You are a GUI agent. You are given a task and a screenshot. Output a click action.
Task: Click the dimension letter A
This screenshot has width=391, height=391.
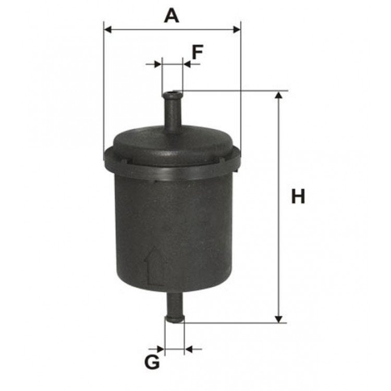point(172,16)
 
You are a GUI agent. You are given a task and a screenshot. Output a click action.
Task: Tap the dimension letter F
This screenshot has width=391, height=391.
point(198,52)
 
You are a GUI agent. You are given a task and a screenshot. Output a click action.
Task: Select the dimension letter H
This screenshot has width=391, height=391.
point(298,197)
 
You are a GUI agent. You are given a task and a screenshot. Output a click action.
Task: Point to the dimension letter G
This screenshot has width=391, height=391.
point(152,362)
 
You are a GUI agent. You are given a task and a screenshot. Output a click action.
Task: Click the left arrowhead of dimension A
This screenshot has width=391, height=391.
point(107,30)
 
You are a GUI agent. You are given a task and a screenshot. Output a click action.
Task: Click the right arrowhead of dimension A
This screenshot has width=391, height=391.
point(237,30)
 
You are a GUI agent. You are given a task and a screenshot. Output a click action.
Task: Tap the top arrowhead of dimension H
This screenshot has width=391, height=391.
point(279,95)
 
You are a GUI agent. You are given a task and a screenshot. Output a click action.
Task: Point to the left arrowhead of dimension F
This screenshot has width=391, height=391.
point(158,64)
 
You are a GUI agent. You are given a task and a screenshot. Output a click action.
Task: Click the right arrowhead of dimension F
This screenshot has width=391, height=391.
point(187,64)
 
